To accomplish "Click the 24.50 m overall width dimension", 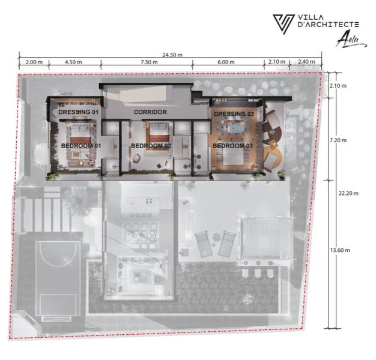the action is tap(172, 55).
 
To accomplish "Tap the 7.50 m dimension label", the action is tap(149, 62).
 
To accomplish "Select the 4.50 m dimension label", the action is tap(73, 62).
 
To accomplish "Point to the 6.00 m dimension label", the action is tap(226, 62).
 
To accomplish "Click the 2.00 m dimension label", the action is tap(34, 62).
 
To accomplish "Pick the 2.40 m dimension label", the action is tap(306, 62).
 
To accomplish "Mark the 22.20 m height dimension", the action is tap(348, 193).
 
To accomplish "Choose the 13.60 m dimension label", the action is tap(340, 250).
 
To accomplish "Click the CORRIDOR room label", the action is tap(150, 112).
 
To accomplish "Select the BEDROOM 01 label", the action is tap(81, 146).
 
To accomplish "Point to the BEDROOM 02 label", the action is tap(151, 146).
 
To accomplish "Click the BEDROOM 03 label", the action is tap(233, 146).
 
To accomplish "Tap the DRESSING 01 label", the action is tap(79, 112).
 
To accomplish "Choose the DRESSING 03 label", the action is tap(234, 114).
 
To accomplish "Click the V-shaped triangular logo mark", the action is tap(284, 24).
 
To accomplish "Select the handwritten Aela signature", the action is tap(351, 40).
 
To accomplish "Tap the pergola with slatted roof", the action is tap(267, 238).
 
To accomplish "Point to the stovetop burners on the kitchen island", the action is tap(149, 201).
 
